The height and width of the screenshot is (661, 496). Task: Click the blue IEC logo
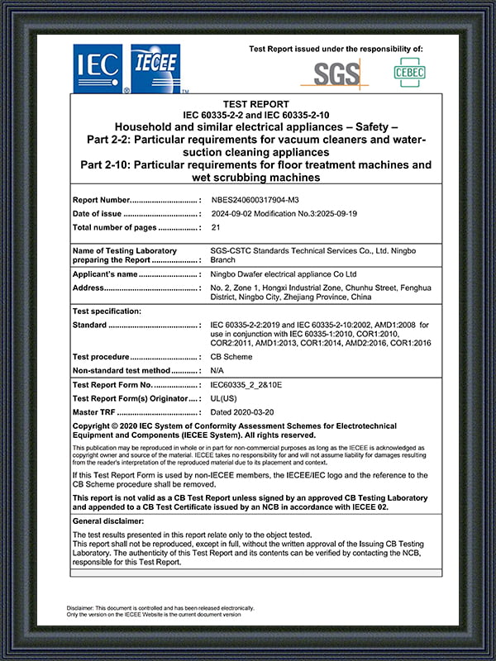coord(98,68)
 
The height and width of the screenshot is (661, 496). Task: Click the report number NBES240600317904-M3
coord(260,201)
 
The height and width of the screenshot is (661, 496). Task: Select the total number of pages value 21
coord(216,227)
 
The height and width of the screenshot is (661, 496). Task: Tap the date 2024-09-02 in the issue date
coord(236,214)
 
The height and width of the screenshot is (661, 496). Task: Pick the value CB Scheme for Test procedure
coord(232,358)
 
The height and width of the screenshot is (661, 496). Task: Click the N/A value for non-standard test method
coord(217,371)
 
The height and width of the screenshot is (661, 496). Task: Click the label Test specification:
coord(107,311)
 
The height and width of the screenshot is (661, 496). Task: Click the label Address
coord(88,288)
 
